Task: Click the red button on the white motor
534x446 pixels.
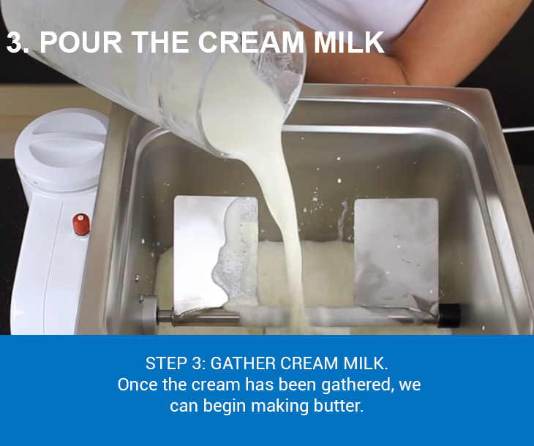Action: pyautogui.click(x=81, y=224)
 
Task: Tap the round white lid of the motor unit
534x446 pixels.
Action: pyautogui.click(x=61, y=149)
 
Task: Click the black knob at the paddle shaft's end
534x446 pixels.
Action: pyautogui.click(x=449, y=316)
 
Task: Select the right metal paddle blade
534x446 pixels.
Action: pyautogui.click(x=396, y=254)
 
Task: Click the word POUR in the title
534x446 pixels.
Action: pyautogui.click(x=81, y=42)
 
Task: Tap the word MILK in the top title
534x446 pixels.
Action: pyautogui.click(x=349, y=42)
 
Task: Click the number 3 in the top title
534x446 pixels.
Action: pyautogui.click(x=14, y=42)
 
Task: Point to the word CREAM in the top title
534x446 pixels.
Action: pyautogui.click(x=251, y=42)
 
